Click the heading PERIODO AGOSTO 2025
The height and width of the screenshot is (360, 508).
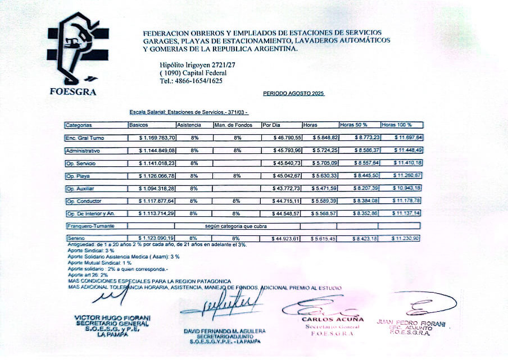coord(294,93)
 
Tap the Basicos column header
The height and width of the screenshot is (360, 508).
coord(139,125)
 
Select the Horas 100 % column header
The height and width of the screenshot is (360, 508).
coord(397,125)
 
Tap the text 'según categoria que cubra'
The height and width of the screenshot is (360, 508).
coord(236,226)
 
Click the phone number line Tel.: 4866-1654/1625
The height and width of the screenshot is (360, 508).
coord(191,81)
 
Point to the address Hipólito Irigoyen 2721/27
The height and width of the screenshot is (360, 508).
coord(197,65)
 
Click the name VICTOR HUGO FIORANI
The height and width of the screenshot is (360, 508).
coord(112,318)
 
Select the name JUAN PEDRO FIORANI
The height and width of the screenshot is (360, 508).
coord(411,324)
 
